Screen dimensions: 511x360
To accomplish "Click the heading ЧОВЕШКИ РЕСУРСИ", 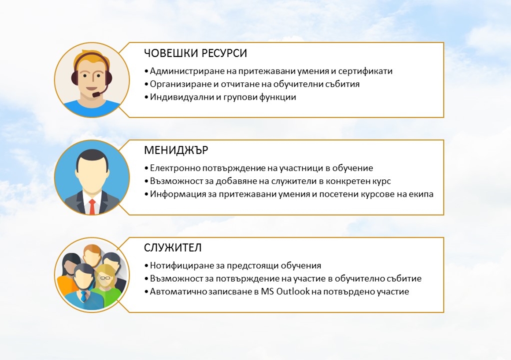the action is [196, 53].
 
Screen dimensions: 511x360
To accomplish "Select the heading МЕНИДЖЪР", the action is [176, 150].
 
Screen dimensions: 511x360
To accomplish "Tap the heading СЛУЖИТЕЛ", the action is [173, 248].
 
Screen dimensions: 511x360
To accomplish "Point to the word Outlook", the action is [293, 291].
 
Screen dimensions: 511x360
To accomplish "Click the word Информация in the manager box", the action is [176, 194].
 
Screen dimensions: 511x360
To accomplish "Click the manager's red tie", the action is [92, 207].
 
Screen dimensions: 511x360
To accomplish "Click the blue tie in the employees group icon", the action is [84, 296].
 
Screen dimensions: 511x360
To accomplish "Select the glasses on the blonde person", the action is [105, 278].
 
